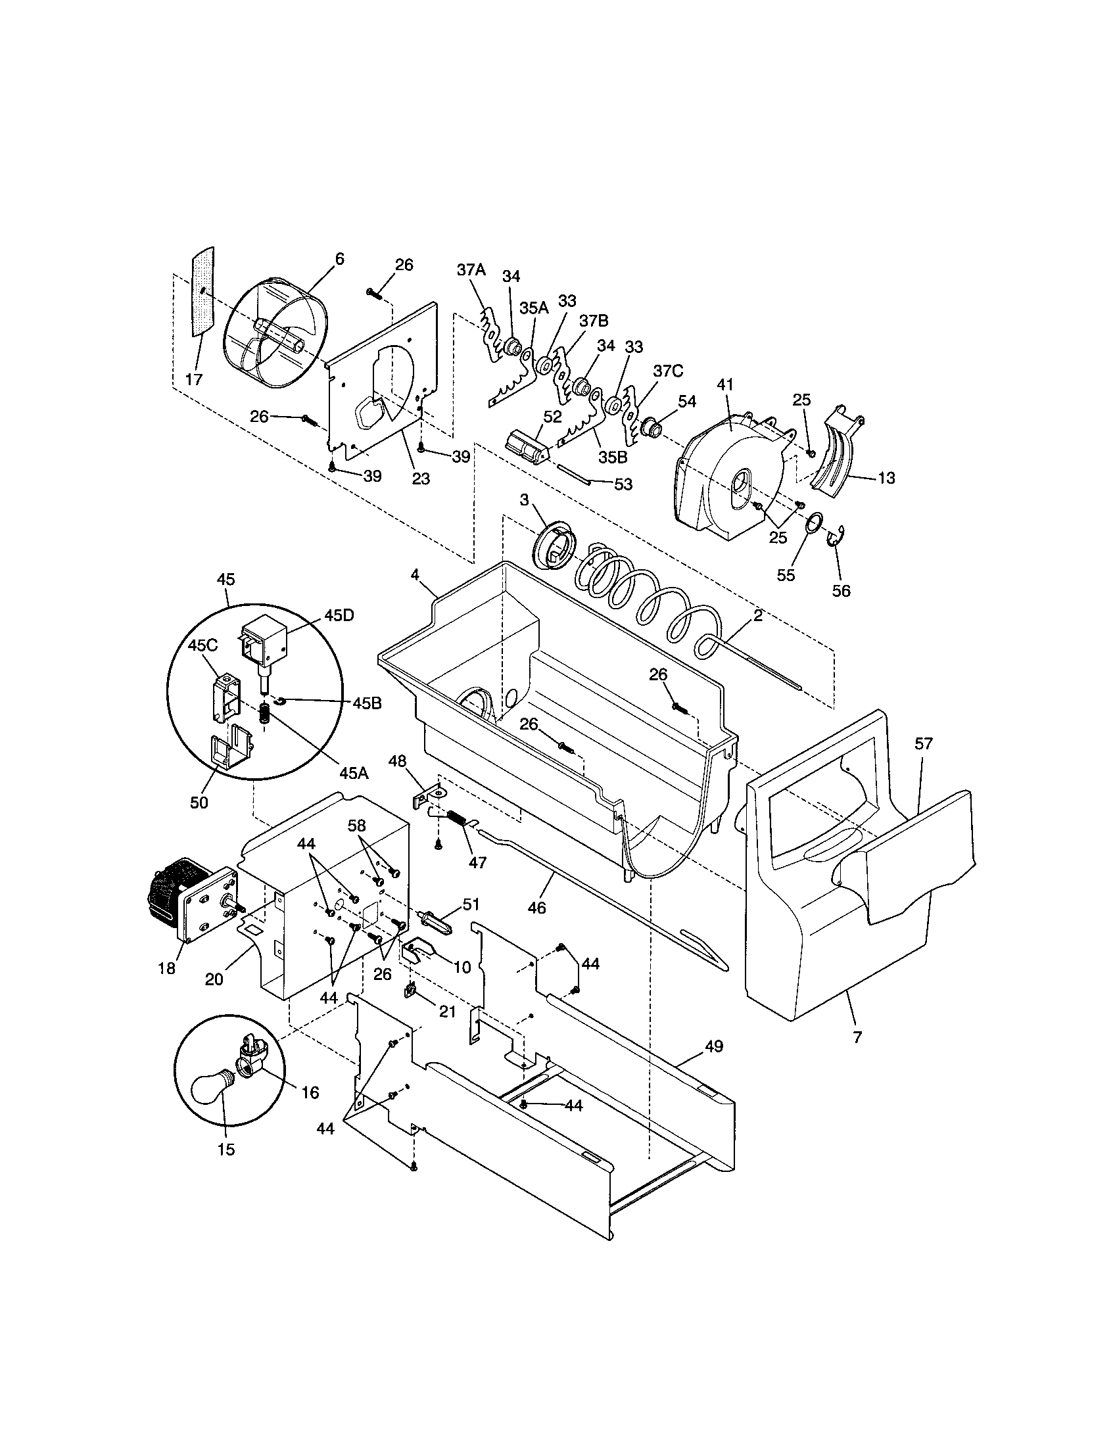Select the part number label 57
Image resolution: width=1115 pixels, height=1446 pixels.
click(x=923, y=743)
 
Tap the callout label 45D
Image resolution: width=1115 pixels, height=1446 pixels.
click(x=339, y=615)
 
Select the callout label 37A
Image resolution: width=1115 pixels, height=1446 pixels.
click(x=471, y=269)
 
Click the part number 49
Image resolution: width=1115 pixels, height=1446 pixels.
click(x=714, y=1047)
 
